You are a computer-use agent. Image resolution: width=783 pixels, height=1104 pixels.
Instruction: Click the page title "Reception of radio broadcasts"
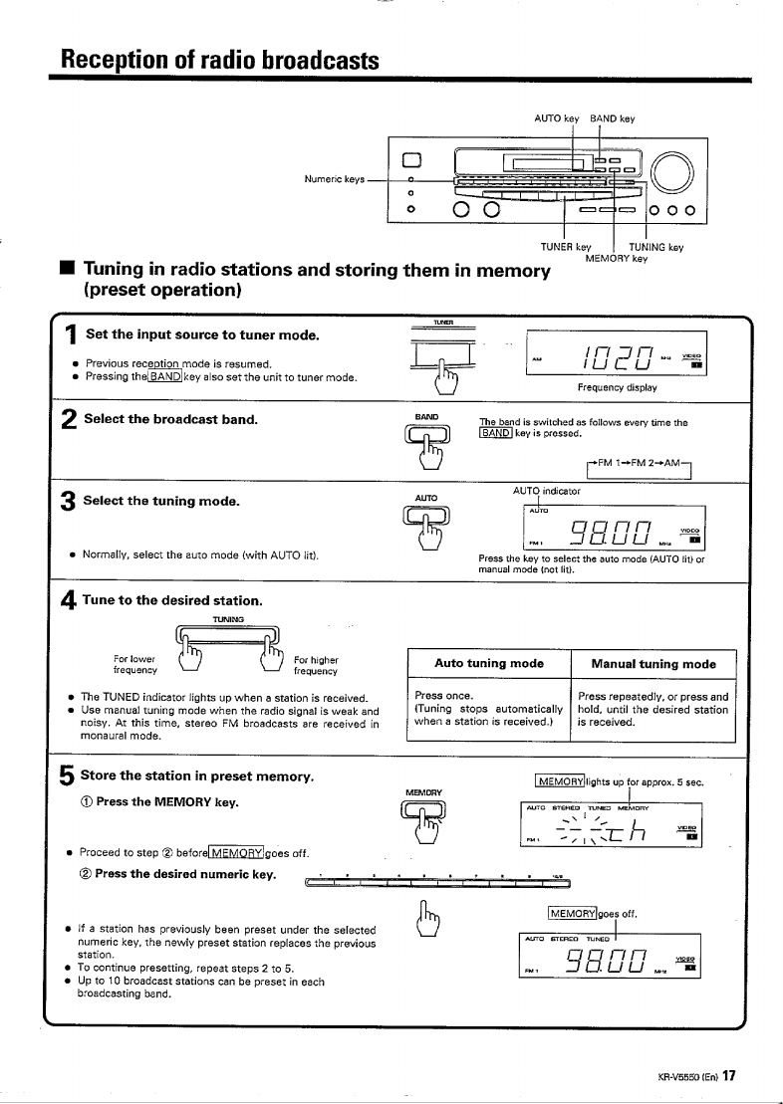tap(219, 60)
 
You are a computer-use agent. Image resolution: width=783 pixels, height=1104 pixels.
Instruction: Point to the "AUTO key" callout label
tap(557, 118)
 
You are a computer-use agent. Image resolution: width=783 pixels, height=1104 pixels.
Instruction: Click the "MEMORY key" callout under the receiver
tap(616, 259)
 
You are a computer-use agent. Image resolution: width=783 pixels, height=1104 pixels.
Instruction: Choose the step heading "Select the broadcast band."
tap(171, 418)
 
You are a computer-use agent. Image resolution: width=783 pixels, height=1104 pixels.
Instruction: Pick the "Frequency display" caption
tap(617, 386)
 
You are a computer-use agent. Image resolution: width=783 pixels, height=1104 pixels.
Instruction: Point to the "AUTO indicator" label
tap(546, 492)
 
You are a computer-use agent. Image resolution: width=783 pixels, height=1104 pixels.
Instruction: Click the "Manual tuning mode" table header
tap(653, 663)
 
